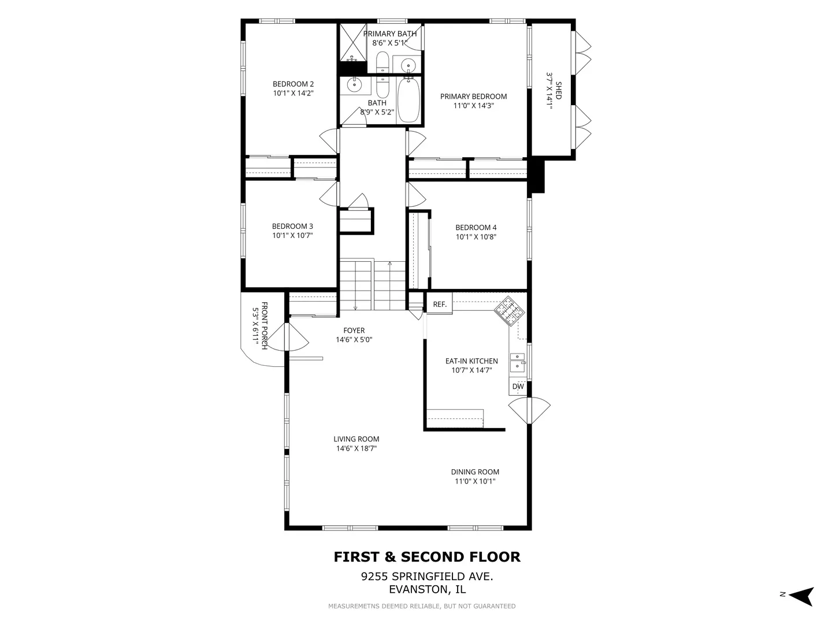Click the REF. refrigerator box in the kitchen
pos(440,304)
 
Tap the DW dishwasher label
pos(518,387)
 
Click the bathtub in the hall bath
pos(408,100)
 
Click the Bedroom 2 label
pos(293,84)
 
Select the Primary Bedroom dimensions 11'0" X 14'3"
pos(474,106)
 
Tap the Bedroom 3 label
pos(292,226)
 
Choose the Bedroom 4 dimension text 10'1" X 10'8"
pos(476,237)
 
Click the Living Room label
pos(356,439)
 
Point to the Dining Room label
pos(475,472)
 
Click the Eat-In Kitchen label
pos(471,362)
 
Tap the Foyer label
pos(354,330)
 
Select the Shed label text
pos(558,91)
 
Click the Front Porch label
pos(265,326)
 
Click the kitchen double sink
pos(517,362)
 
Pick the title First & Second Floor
pos(427,557)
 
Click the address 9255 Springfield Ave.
pos(427,577)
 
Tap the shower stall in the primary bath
pos(353,42)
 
